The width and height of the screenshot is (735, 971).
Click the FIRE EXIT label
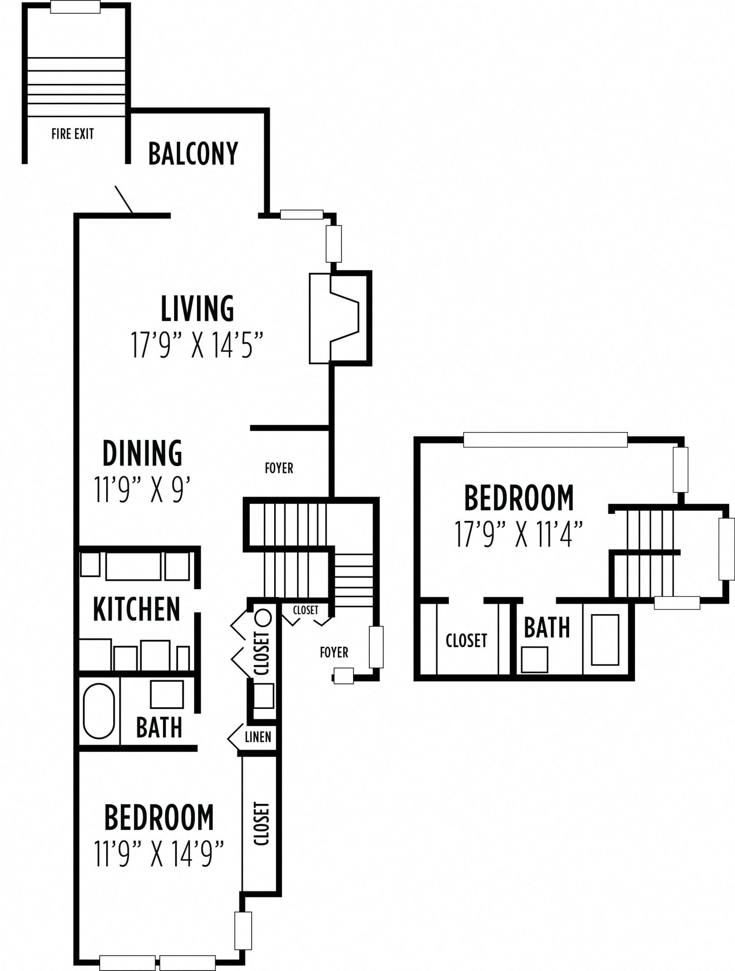73,134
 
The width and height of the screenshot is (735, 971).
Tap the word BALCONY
193,153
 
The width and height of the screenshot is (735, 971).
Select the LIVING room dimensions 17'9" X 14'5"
197,345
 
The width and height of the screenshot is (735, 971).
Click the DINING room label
142,454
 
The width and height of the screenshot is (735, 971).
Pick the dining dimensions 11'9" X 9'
142,490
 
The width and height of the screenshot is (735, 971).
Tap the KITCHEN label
136,609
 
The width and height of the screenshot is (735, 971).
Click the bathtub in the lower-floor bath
99,711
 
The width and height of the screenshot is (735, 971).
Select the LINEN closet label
258,737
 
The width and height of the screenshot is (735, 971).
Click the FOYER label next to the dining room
279,468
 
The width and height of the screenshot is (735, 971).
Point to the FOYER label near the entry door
334,652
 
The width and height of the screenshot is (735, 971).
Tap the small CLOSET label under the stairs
305,610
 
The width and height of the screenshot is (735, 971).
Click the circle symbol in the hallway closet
263,617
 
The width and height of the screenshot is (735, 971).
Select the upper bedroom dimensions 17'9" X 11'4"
519,534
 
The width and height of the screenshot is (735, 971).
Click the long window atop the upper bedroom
545,440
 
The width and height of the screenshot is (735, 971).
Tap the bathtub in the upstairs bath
605,640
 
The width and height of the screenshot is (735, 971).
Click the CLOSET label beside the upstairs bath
466,640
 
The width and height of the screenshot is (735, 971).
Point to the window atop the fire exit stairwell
75,7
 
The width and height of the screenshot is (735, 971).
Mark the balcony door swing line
124,200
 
